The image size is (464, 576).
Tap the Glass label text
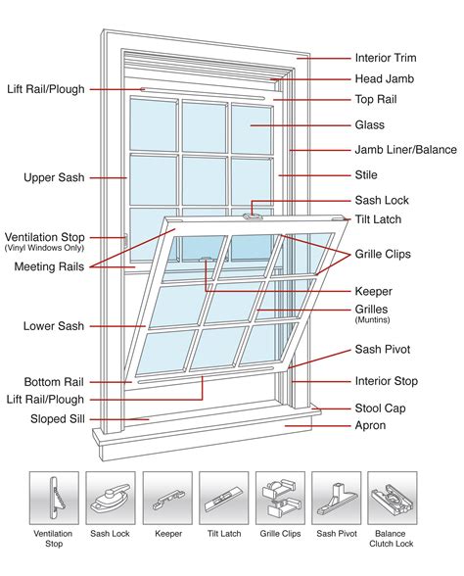point(369,125)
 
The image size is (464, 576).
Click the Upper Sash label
point(54,177)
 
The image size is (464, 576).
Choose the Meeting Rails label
point(48,266)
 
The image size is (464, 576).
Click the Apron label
point(369,426)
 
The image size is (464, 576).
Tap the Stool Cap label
point(379,408)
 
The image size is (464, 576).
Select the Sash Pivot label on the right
point(382,350)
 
